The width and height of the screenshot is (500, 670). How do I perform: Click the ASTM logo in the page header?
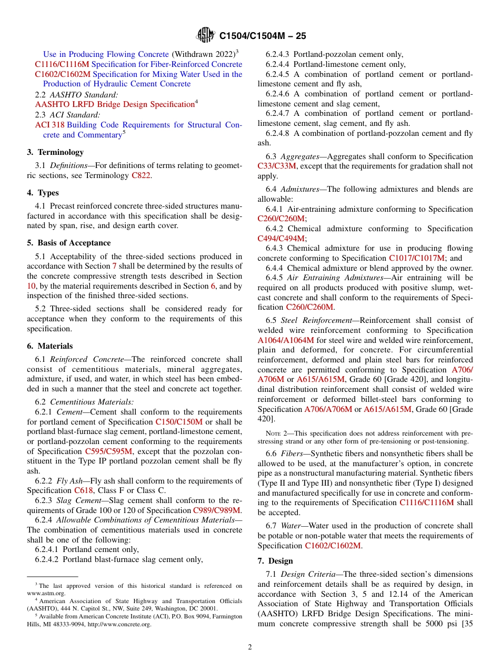click(205, 35)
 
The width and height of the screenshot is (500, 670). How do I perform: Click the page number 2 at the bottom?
click(250, 647)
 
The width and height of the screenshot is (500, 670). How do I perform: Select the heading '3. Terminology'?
click(55, 152)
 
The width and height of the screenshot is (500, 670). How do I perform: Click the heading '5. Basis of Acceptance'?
click(68, 243)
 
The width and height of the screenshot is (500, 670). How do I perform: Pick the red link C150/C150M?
click(178, 422)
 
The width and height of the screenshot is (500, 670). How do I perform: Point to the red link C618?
click(83, 490)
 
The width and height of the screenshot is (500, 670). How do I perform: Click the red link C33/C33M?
click(277, 166)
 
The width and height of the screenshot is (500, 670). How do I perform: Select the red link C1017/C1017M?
click(417, 258)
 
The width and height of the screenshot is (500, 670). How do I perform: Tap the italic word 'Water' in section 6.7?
click(292, 526)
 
